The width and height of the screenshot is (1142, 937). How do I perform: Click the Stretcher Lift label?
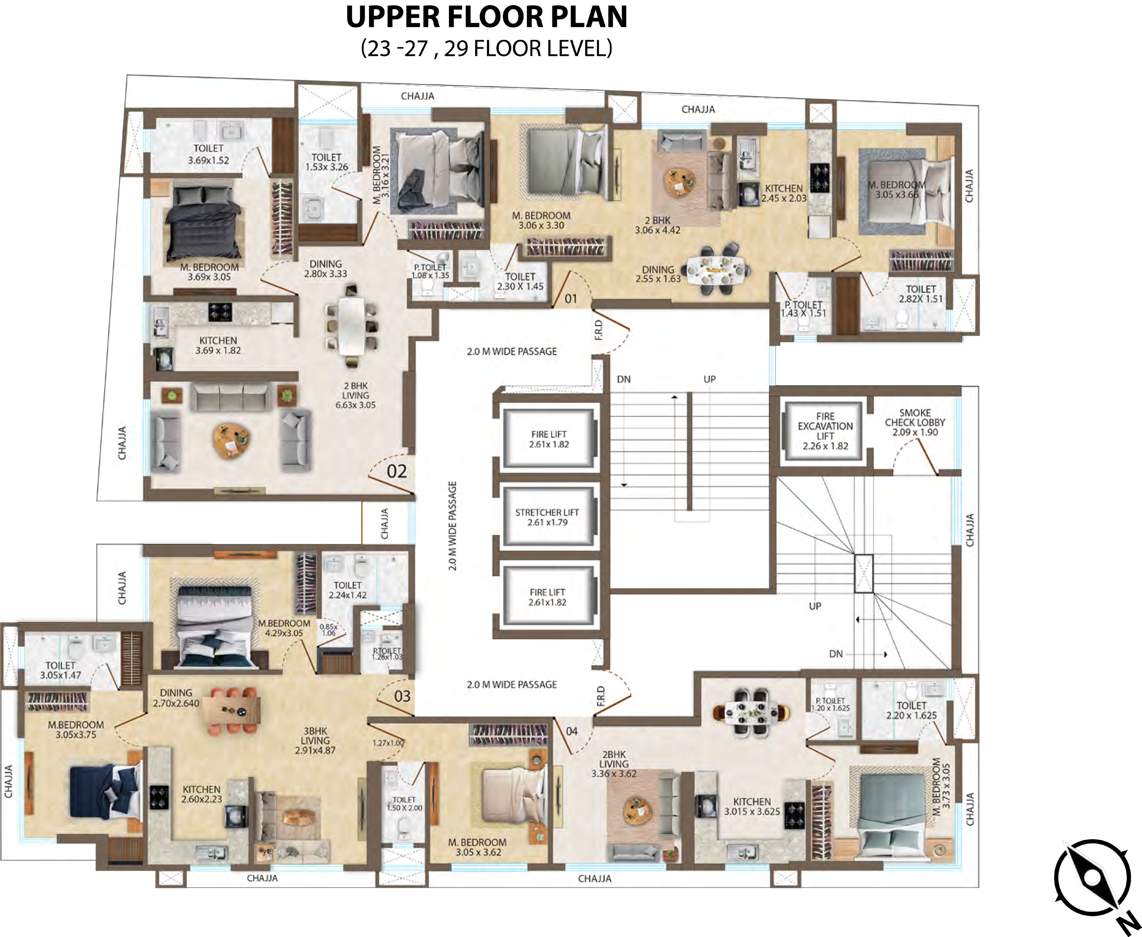547,517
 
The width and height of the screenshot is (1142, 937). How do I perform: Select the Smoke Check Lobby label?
915,423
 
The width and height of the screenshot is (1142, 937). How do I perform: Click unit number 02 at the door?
397,472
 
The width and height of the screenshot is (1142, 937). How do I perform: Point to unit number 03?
402,696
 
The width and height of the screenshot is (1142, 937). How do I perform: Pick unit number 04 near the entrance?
572,731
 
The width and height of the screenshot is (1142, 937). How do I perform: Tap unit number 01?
571,298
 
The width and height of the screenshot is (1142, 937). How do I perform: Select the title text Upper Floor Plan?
486,17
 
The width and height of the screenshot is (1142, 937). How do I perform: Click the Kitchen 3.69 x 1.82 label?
218,345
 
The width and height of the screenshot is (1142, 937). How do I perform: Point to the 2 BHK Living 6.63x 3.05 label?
355,395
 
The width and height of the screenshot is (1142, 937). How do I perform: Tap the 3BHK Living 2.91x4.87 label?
315,740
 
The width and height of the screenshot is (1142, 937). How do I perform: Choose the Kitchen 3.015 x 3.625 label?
752,806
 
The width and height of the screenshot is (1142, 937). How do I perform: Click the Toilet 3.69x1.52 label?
208,154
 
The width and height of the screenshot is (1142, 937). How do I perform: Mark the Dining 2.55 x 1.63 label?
658,274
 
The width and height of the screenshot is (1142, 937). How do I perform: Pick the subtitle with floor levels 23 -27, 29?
486,48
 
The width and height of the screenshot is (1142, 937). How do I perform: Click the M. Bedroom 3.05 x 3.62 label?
478,847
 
